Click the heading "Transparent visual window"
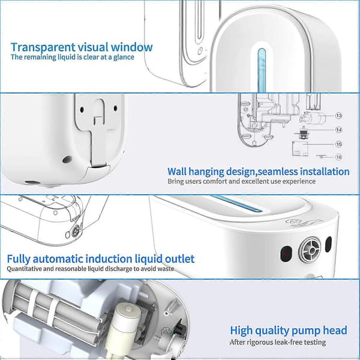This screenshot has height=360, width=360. coord(82,47)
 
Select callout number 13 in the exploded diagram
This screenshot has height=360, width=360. coord(338,115)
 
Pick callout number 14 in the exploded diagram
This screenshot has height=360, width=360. coord(338,130)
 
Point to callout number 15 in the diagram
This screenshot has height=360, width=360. coord(338,144)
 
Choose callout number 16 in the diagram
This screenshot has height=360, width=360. coord(338,157)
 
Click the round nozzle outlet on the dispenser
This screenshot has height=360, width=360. coord(309,250)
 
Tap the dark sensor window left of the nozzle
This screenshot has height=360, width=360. coord(286,254)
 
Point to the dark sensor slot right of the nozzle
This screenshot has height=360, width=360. coord(328,244)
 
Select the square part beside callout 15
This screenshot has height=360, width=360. coord(300,149)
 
